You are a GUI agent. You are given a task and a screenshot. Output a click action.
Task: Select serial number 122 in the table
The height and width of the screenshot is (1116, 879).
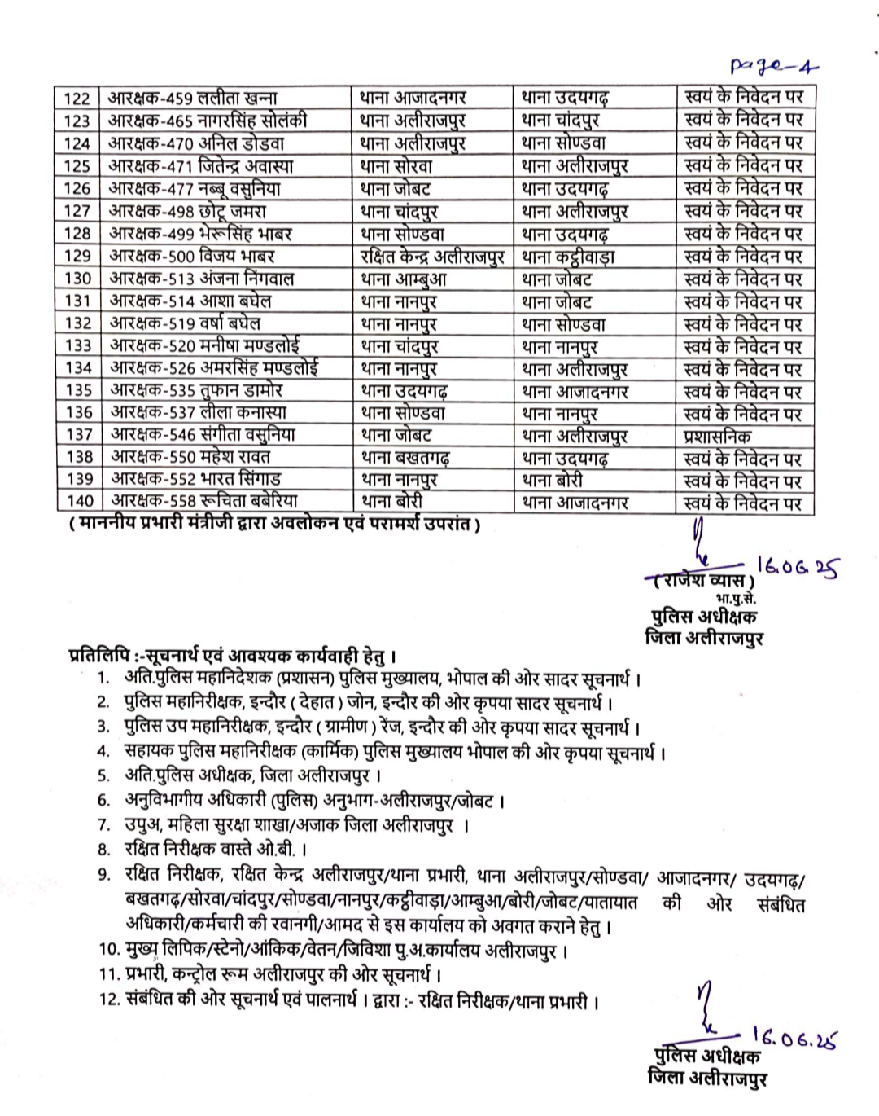[x=77, y=99]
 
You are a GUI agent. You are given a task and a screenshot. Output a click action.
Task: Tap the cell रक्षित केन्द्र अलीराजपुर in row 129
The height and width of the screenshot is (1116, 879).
[x=432, y=256]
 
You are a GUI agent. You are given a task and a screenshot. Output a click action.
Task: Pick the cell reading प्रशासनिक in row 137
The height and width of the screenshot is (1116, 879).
[x=717, y=436]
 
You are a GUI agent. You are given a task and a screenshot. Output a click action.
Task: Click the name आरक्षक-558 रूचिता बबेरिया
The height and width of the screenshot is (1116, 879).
[x=204, y=500]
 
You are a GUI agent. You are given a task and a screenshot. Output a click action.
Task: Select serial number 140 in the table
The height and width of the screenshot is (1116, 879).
[x=80, y=501]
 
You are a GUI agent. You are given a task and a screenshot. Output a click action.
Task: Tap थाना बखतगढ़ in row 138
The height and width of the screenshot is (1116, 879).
[x=405, y=458]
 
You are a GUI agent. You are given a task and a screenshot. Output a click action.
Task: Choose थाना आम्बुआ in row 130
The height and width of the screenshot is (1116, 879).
[x=404, y=279]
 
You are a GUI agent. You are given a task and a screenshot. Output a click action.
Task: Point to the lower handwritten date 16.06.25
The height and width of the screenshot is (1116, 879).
[x=794, y=1039]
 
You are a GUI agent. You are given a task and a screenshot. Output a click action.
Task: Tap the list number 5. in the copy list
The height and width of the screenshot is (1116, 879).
[x=103, y=775]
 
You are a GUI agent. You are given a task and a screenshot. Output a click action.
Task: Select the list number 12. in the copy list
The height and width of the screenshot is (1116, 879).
[x=110, y=999]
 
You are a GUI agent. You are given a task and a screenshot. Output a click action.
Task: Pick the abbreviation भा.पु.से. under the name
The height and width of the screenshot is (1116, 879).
[x=735, y=599]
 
